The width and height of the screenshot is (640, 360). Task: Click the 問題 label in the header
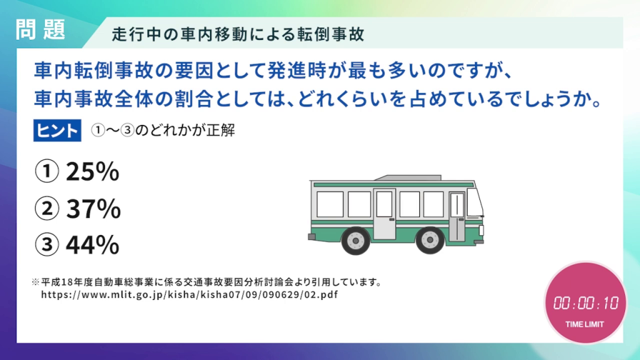tap(41, 30)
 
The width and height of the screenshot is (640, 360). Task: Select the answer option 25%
tap(92, 171)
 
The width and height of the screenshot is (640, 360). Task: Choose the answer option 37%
tap(94, 209)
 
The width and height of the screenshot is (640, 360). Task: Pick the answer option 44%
tap(92, 245)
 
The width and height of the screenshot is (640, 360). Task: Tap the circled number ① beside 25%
tap(47, 171)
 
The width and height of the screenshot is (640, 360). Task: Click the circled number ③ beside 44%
tap(47, 244)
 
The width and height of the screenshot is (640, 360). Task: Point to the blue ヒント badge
tap(57, 131)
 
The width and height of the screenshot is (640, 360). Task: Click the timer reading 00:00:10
tap(585, 303)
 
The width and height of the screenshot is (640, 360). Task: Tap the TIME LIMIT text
tap(584, 324)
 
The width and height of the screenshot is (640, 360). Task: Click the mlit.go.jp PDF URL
tap(189, 295)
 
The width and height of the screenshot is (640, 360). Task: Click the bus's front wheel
tap(430, 241)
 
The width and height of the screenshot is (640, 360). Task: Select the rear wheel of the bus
tap(356, 241)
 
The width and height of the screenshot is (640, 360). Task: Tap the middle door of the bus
tap(384, 214)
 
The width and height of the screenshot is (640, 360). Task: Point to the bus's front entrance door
tap(457, 216)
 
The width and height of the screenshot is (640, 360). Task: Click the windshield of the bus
tap(475, 202)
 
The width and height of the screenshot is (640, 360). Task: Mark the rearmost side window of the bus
tap(330, 204)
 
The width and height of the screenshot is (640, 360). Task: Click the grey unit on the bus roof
tap(408, 177)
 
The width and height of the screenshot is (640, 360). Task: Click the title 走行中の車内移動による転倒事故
tap(237, 34)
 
